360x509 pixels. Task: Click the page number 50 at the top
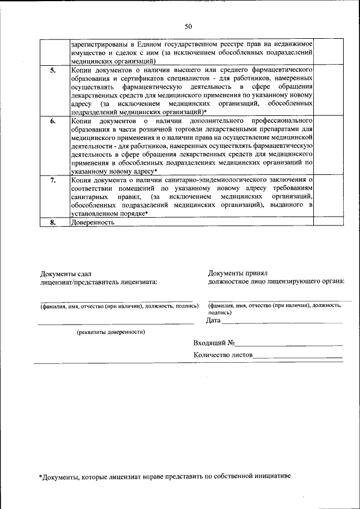pos(188,26)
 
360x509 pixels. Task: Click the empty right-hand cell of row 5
pos(328,90)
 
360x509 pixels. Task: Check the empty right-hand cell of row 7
pos(328,196)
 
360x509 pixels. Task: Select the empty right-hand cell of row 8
pos(328,222)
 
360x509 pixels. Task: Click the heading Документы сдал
pos(65,274)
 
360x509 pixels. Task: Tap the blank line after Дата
pos(281,322)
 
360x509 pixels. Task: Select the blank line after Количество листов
pos(298,356)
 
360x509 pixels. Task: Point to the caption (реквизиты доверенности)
pos(111,332)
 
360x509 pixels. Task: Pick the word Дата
pos(213,321)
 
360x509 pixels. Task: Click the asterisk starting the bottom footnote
pos(40,476)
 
